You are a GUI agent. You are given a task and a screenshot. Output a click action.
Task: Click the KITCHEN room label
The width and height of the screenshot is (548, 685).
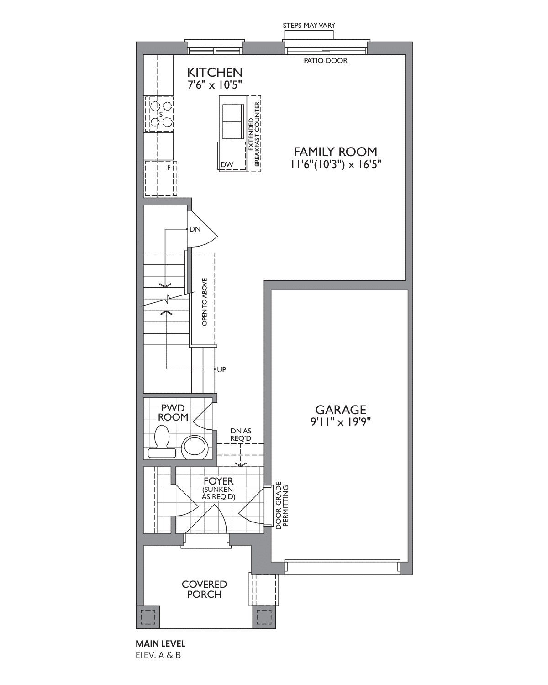215,73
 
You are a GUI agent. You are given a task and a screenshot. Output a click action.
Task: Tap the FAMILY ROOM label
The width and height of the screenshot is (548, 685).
335,152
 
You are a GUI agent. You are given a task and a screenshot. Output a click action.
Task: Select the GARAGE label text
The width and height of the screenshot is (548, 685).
341,410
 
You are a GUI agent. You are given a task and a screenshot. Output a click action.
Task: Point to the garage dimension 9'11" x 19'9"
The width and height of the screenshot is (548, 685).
341,422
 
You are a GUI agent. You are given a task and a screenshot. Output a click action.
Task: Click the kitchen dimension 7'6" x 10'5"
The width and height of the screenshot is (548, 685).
215,85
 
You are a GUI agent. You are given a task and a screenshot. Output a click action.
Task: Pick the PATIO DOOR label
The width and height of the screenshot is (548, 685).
326,60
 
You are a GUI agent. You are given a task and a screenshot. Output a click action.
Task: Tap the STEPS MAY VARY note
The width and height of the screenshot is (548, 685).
309,26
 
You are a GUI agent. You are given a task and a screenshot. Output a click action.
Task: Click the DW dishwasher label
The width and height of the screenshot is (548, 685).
227,164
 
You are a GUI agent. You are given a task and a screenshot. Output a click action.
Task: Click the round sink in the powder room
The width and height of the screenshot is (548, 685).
195,448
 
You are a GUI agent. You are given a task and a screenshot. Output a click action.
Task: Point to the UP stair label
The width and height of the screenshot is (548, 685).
221,369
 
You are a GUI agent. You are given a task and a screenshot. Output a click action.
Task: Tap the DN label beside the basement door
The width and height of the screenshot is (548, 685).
195,229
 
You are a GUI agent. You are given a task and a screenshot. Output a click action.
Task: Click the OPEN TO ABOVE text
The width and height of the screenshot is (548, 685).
205,302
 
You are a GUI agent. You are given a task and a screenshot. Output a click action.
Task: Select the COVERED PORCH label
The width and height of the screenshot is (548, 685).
204,589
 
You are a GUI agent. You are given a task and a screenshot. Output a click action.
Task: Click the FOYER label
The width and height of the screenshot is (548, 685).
218,481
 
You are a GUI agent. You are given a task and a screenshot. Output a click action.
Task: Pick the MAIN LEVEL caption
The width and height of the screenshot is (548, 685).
160,643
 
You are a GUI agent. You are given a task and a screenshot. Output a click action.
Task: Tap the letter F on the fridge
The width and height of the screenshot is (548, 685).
169,167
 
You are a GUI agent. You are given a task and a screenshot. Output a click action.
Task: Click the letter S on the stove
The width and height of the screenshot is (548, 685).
161,115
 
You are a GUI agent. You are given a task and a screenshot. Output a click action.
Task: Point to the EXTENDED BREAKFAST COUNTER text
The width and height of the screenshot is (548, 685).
254,134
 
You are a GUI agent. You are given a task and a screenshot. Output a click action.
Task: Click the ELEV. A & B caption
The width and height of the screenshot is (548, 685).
158,655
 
